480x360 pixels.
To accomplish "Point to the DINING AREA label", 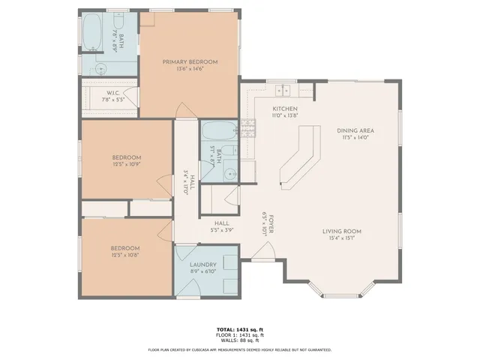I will pos(355,130).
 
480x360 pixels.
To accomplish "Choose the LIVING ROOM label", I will pos(343,231).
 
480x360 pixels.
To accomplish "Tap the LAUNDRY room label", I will pos(203,265).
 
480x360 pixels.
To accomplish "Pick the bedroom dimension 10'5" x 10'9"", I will pos(126,163).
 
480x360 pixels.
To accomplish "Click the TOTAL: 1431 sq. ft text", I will pos(239,329).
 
